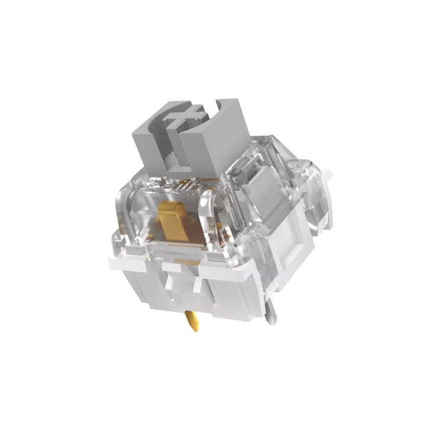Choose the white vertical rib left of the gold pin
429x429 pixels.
pos(172,285)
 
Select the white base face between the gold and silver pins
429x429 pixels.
pos(229,300)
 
